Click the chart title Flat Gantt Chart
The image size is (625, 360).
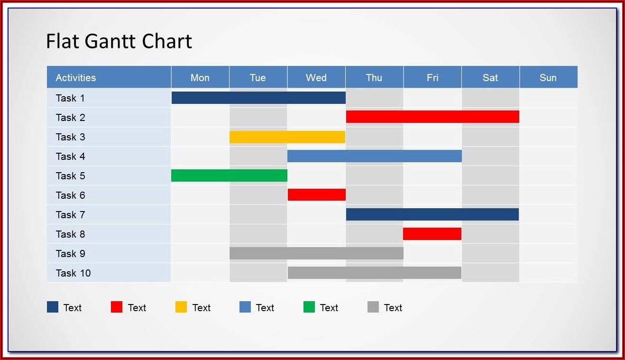(x=119, y=41)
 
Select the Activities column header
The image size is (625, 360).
(x=75, y=78)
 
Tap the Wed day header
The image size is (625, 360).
(x=316, y=78)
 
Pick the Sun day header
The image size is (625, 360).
(x=548, y=78)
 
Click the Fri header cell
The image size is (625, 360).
(x=432, y=78)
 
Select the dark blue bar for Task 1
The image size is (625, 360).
(x=258, y=98)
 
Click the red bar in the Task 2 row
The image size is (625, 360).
(x=432, y=117)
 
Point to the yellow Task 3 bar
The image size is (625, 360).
(x=287, y=137)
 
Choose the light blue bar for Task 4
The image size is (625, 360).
(x=375, y=156)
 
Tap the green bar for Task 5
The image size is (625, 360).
(x=229, y=175)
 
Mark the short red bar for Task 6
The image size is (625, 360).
(x=317, y=194)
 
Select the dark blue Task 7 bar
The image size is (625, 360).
(x=432, y=214)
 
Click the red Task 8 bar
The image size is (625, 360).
(x=432, y=234)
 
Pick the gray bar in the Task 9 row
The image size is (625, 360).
(x=316, y=253)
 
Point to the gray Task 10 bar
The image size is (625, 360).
(x=375, y=273)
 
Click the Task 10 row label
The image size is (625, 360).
(x=73, y=273)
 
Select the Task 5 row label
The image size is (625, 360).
(x=70, y=176)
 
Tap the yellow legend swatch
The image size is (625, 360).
(x=181, y=307)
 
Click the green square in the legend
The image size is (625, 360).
(x=309, y=307)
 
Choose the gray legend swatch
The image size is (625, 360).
(x=373, y=307)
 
